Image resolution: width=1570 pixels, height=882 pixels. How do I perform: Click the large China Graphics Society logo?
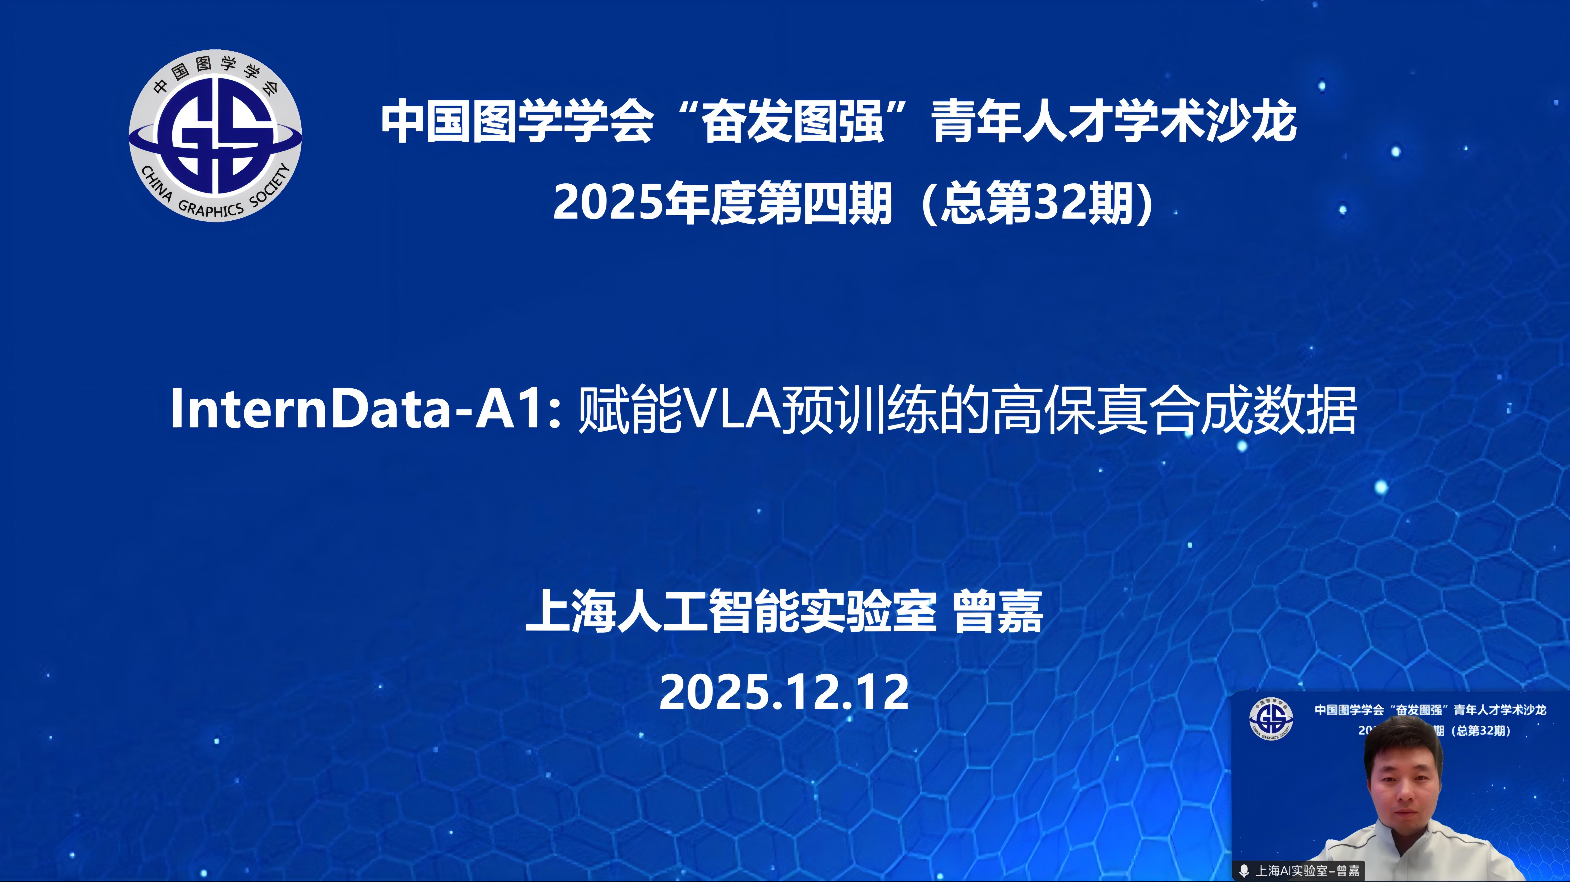point(215,136)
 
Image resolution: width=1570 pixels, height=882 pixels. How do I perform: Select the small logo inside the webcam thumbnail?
point(1271,719)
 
